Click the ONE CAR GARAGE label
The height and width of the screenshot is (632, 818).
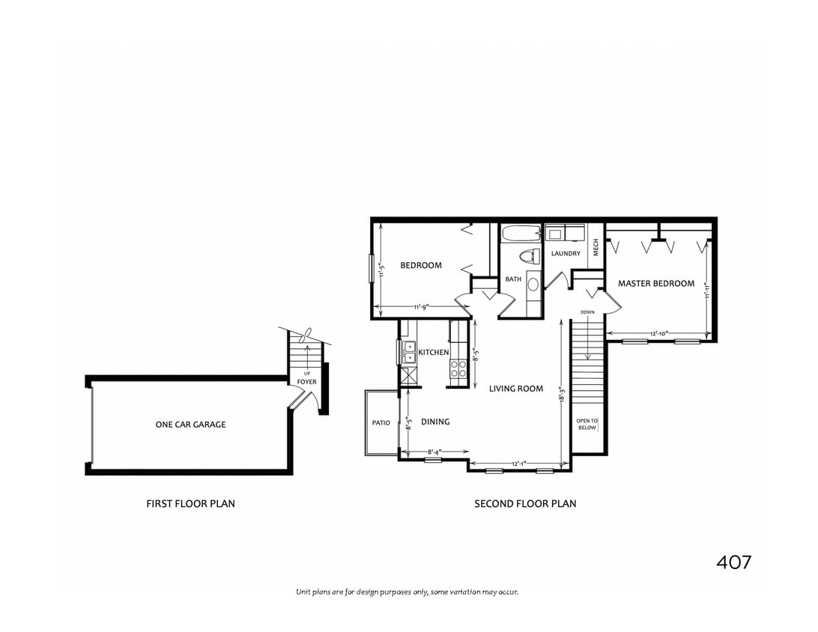pyautogui.click(x=190, y=425)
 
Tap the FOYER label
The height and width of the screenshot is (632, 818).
pyautogui.click(x=306, y=382)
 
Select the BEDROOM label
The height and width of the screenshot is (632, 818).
pyautogui.click(x=420, y=265)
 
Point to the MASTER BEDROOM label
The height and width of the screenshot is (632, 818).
pyautogui.click(x=655, y=284)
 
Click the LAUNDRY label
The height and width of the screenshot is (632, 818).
pyautogui.click(x=566, y=254)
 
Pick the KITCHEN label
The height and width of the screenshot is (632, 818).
pyautogui.click(x=433, y=352)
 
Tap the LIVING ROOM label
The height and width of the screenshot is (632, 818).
pyautogui.click(x=515, y=389)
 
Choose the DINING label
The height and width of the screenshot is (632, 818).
pyautogui.click(x=435, y=422)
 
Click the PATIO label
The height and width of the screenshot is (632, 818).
pyautogui.click(x=381, y=423)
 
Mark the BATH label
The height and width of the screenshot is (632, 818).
pyautogui.click(x=513, y=279)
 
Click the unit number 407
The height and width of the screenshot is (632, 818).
pyautogui.click(x=733, y=562)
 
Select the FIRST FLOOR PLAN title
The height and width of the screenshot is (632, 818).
pyautogui.click(x=190, y=504)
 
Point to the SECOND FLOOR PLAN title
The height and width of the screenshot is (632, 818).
pyautogui.click(x=525, y=504)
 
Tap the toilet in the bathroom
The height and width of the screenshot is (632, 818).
pyautogui.click(x=529, y=256)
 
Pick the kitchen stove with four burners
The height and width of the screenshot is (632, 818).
pyautogui.click(x=458, y=369)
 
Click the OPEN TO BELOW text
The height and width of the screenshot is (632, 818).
pyautogui.click(x=587, y=425)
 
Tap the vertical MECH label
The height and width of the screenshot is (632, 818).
pyautogui.click(x=596, y=247)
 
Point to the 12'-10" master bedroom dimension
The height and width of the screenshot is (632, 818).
pyautogui.click(x=659, y=332)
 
